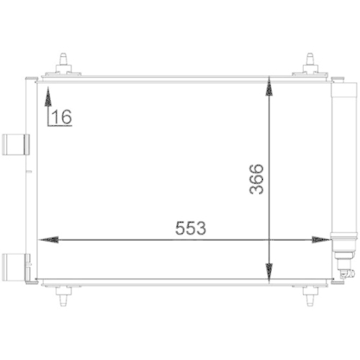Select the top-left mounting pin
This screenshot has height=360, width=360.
(66, 60)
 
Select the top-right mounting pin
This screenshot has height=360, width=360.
(310, 60)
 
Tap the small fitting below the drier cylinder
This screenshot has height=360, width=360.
(341, 270)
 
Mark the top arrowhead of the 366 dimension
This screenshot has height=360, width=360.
(269, 87)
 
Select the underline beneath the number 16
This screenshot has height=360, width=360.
(60, 125)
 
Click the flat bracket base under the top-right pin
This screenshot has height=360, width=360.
(310, 74)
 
